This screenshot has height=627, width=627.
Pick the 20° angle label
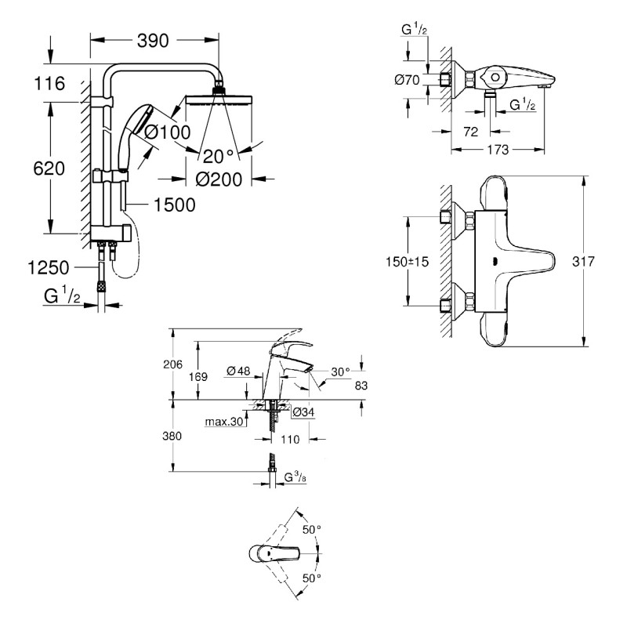click(x=218, y=154)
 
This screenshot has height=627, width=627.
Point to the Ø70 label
click(x=407, y=79)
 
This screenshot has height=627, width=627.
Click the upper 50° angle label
click(x=312, y=530)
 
